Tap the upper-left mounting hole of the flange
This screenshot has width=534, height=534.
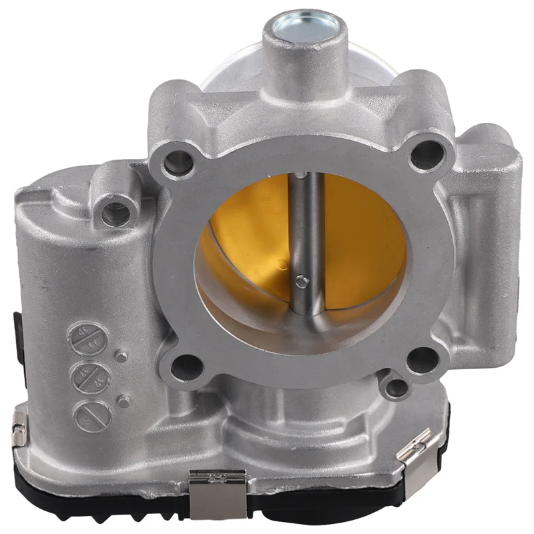pos(177,161)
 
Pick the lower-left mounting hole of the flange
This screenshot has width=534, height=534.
pos(188,366)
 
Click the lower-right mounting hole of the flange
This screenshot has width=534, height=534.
pos(421,360)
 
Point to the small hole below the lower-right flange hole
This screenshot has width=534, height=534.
pos(397,388)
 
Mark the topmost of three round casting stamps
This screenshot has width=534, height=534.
pos(88,337)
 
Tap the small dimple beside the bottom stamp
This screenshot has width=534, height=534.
pos(124,401)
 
